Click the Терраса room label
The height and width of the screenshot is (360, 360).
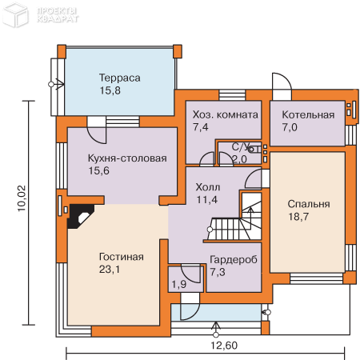[119, 78]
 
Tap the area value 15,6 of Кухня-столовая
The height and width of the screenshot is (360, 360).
[98, 170]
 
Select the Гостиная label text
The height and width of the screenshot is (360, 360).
[122, 257]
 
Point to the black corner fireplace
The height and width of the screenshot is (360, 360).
[80, 216]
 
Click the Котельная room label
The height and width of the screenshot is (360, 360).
[308, 114]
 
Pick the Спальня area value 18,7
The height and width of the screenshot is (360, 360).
[298, 217]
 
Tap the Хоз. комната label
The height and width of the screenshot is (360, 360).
[226, 114]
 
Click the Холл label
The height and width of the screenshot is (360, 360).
[208, 187]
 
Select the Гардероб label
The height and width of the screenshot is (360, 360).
[234, 259]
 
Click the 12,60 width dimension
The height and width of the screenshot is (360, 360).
[224, 346]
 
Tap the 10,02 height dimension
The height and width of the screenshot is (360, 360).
[22, 198]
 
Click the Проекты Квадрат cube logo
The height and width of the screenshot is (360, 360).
[15, 14]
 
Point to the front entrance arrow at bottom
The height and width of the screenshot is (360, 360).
[216, 329]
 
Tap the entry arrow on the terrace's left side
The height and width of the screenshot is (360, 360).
[57, 84]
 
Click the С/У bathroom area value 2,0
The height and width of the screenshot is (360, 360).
[239, 159]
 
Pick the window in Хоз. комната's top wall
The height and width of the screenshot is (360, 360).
[232, 95]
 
